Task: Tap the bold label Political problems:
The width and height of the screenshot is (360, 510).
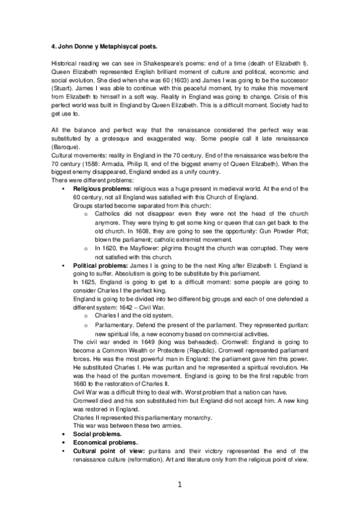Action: click(x=100, y=265)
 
